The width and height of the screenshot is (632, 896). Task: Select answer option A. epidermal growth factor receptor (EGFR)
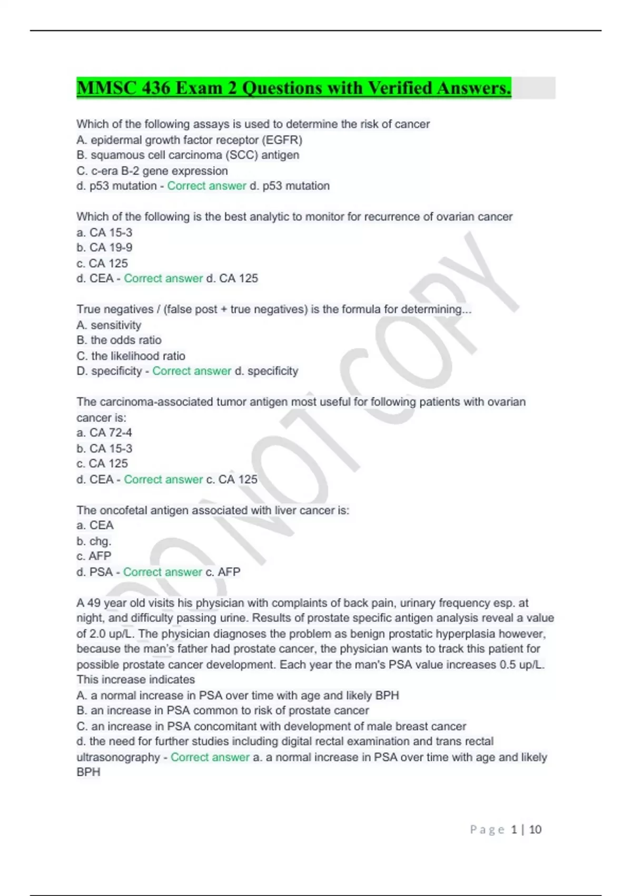tap(189, 140)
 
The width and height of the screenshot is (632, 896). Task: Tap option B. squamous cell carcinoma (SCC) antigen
tap(187, 155)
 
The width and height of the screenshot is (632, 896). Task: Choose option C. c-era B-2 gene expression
tap(152, 171)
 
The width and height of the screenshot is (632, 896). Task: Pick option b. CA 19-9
tap(104, 248)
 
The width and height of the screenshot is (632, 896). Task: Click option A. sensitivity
tap(109, 325)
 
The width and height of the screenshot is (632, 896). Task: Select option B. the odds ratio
tap(119, 340)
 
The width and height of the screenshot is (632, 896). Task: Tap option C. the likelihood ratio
tap(131, 356)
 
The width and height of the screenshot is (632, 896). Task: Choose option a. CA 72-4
tap(104, 433)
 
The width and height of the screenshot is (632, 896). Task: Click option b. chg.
tap(94, 541)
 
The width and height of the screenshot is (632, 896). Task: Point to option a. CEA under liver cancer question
tap(95, 525)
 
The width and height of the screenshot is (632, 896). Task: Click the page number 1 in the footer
tap(514, 830)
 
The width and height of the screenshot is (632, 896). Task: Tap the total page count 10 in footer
tap(535, 830)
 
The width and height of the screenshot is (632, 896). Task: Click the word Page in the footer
tap(487, 830)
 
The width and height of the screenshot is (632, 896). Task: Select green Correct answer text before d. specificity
tap(192, 371)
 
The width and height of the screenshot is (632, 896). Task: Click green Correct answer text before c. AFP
tap(163, 572)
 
